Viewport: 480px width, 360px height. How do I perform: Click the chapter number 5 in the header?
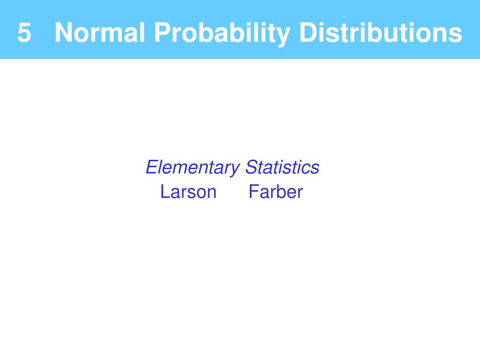24,32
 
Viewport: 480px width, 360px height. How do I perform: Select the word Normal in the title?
99,32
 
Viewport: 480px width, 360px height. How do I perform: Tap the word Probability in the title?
222,34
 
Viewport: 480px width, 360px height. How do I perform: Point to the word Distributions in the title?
381,32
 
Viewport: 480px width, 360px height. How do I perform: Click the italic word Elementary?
193,168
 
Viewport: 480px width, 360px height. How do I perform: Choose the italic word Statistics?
282,167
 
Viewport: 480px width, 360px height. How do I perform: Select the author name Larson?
188,192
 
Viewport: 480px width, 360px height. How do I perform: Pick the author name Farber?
276,192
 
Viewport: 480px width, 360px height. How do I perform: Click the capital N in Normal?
63,32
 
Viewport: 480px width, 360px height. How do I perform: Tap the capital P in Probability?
162,32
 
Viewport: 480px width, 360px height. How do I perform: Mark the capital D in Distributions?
308,32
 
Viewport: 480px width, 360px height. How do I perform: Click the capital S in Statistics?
252,167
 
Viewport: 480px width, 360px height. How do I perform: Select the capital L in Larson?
165,192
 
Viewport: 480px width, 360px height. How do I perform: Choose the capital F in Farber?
254,192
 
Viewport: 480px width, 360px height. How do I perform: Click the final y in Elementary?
235,170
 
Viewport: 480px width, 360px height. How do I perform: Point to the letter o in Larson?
200,194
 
